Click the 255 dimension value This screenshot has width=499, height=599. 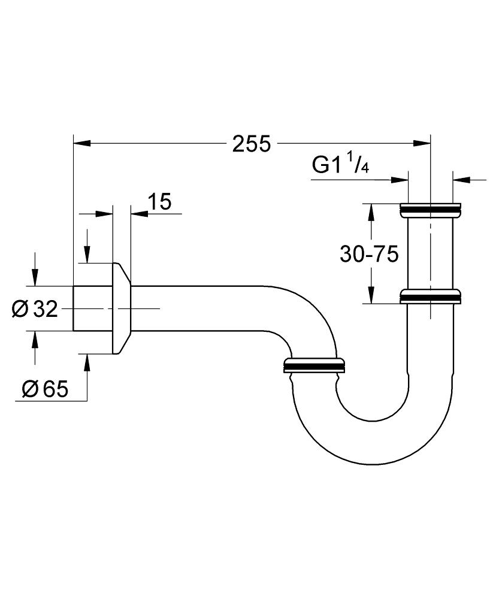click(x=252, y=144)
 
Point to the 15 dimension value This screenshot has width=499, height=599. click(x=159, y=202)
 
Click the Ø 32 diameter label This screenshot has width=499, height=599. click(x=34, y=309)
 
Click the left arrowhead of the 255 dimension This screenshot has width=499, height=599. click(x=81, y=144)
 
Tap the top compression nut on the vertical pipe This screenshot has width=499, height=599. click(x=430, y=210)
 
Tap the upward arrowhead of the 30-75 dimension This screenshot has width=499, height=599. click(x=371, y=212)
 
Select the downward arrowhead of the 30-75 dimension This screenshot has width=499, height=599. click(x=371, y=295)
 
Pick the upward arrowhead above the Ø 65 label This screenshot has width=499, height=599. click(x=87, y=362)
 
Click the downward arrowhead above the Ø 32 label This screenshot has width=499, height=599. click(x=35, y=278)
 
